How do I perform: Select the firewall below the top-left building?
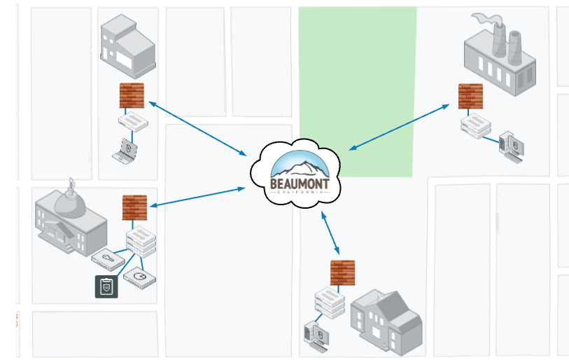click(x=132, y=95)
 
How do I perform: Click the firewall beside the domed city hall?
click(x=134, y=208)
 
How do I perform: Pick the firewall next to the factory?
click(x=470, y=96)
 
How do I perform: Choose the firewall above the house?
click(x=342, y=272)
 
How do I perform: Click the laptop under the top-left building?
click(x=128, y=148)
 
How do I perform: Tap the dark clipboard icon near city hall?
click(x=106, y=286)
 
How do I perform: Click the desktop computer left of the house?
click(x=315, y=332)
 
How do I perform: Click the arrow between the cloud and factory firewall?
click(x=399, y=127)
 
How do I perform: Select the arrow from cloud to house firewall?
click(x=330, y=232)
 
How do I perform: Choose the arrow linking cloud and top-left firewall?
click(x=197, y=128)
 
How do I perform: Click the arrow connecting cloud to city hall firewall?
click(x=197, y=197)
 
